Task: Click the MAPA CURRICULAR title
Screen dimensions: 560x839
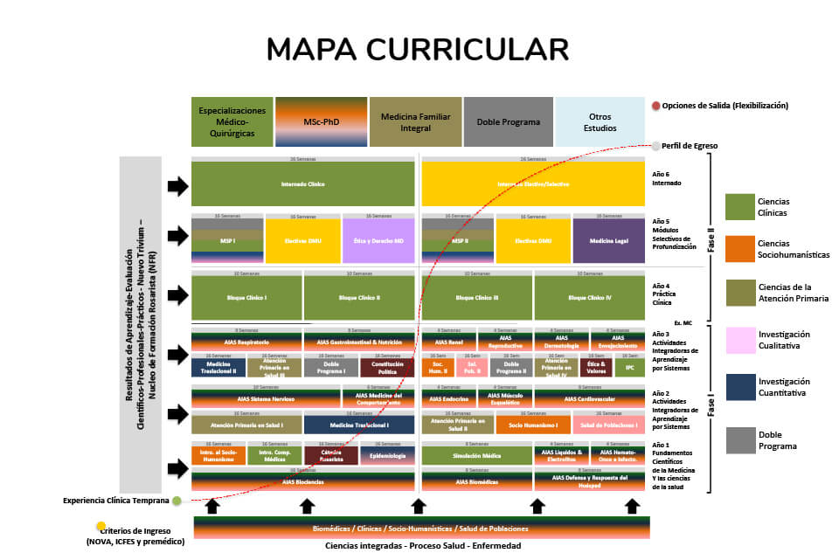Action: [x=418, y=50]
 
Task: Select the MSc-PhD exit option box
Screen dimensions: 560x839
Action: [x=321, y=121]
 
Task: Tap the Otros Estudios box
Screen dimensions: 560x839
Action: [x=600, y=121]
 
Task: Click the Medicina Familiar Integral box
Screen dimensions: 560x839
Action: [x=415, y=121]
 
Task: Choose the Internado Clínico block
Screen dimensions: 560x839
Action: [x=302, y=183]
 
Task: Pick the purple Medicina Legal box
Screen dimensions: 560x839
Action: [x=609, y=240]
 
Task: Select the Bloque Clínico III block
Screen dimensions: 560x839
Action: [x=476, y=298]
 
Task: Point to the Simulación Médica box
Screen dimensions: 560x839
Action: [x=476, y=454]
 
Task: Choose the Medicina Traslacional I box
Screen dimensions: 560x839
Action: [x=358, y=425]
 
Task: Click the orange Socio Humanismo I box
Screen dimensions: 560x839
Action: [x=533, y=425]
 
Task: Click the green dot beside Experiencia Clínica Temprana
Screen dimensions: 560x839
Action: [x=177, y=501]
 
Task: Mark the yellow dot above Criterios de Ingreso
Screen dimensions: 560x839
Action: [x=101, y=526]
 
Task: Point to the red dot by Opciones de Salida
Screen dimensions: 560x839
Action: [x=655, y=106]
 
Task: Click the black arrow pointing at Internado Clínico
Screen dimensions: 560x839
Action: [x=177, y=185]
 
